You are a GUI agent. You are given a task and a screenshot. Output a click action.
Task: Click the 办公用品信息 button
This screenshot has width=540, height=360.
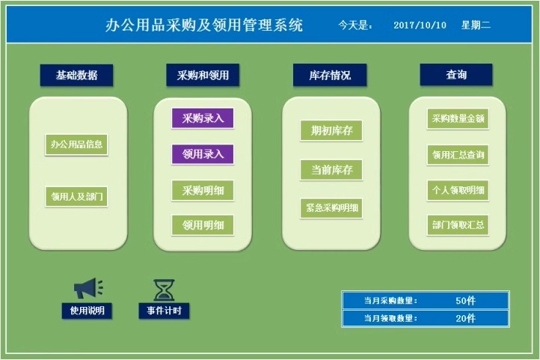(x=76, y=144)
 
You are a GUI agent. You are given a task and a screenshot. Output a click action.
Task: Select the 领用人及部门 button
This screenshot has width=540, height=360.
(x=76, y=197)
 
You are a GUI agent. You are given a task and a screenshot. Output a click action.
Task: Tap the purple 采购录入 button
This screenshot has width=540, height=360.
(x=203, y=118)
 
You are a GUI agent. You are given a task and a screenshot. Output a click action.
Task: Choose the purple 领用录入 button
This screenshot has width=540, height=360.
(x=203, y=154)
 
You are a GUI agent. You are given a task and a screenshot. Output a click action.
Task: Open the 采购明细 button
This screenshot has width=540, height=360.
(x=203, y=190)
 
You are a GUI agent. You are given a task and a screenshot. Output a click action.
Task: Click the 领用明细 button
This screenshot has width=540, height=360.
(x=203, y=225)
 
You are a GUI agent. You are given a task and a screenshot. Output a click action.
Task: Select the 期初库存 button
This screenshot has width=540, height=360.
(x=331, y=130)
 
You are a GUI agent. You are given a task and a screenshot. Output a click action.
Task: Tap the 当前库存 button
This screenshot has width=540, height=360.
(x=331, y=169)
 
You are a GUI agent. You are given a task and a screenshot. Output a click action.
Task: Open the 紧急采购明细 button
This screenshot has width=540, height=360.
(x=331, y=207)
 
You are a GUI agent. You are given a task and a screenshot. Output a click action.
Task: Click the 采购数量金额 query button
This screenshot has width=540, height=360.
(x=458, y=118)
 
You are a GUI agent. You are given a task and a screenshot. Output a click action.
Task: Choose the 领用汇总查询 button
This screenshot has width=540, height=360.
(x=458, y=155)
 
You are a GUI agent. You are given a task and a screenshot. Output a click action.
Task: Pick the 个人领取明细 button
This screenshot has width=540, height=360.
(x=458, y=190)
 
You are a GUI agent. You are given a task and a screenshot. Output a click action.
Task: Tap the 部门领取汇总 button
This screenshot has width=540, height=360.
(x=458, y=225)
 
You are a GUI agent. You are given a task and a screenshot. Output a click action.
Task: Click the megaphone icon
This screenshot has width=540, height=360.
(x=88, y=288)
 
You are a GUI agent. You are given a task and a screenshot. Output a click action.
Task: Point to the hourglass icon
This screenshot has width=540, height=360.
(x=164, y=289)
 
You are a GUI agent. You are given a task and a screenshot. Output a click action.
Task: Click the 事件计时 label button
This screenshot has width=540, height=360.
(x=164, y=310)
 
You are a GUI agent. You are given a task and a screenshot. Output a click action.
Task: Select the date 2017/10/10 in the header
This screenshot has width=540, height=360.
(x=420, y=25)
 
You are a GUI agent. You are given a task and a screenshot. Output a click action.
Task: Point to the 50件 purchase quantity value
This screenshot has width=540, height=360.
(x=465, y=300)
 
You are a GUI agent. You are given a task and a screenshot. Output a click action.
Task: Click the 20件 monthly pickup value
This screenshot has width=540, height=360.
(x=465, y=318)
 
